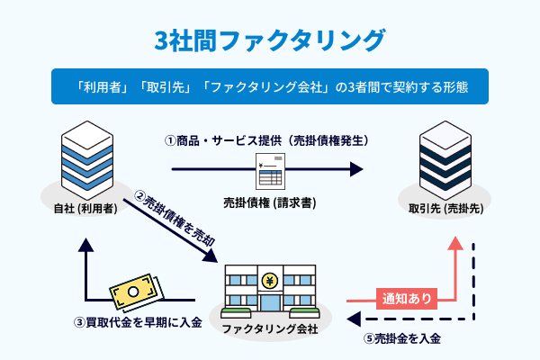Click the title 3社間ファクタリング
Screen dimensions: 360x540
tap(270, 40)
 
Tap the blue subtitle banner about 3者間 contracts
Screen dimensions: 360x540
tap(270, 88)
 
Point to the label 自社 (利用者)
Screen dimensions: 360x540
tap(82, 208)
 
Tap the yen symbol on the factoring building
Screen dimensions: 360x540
tap(269, 282)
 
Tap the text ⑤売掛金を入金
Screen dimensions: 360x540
tap(401, 339)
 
